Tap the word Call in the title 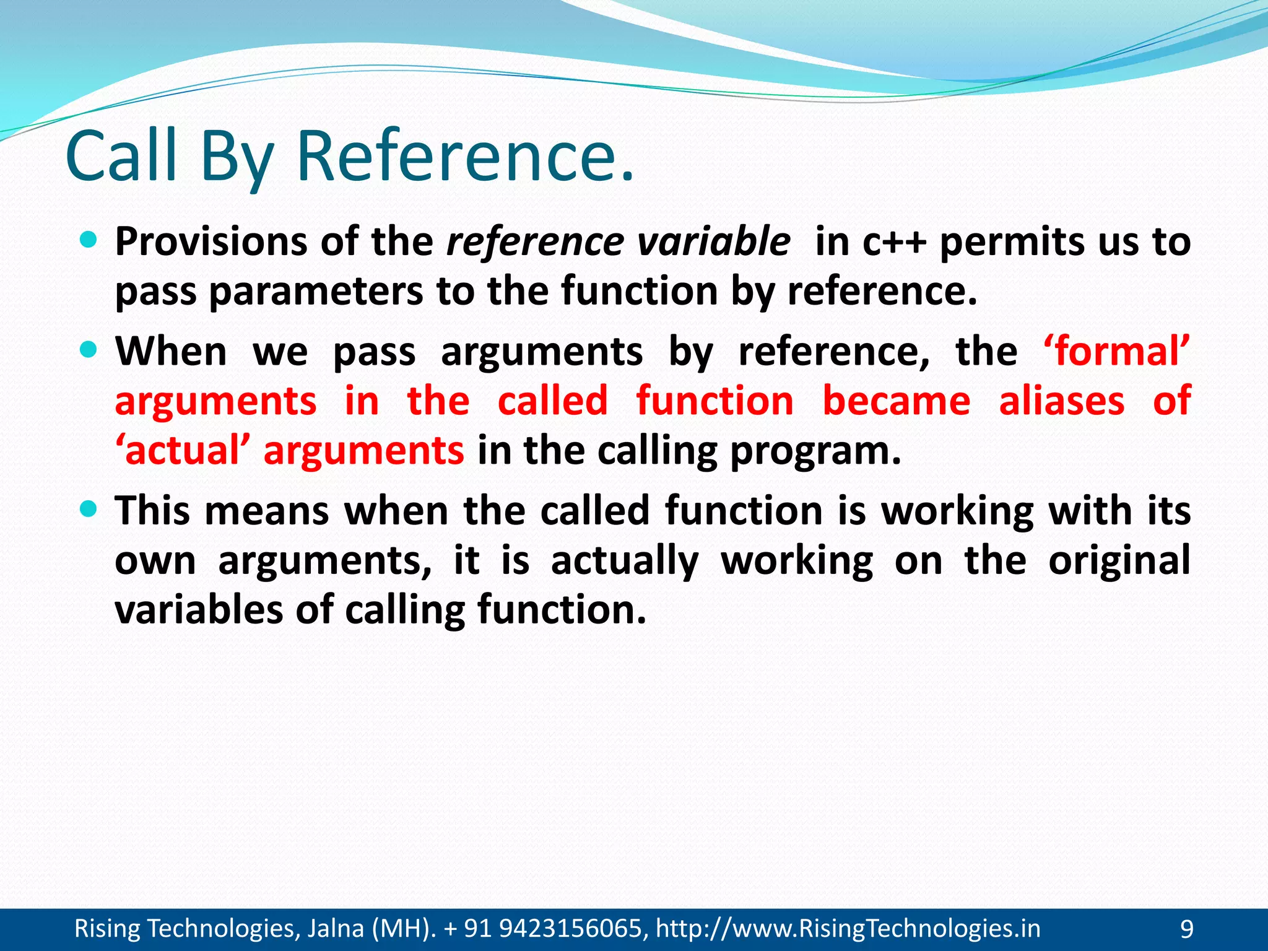[x=121, y=156]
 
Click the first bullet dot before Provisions [x=89, y=240]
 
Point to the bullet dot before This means [x=89, y=510]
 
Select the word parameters [x=316, y=292]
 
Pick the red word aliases [x=1061, y=401]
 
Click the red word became [x=896, y=401]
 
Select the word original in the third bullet [x=1119, y=560]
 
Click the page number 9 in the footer [x=1187, y=929]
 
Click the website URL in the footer [x=848, y=929]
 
